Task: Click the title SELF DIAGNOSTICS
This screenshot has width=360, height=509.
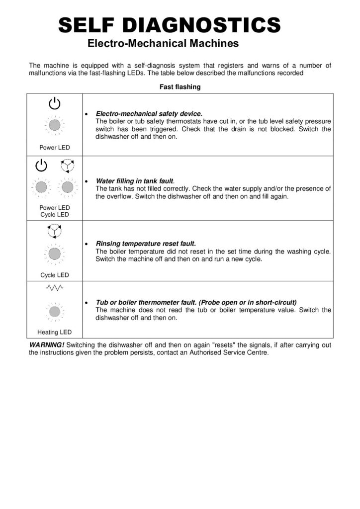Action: click(x=170, y=24)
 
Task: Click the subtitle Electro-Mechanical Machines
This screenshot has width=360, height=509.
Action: click(x=163, y=44)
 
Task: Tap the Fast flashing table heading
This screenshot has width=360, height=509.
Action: click(x=180, y=87)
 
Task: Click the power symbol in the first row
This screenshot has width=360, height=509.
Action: click(x=55, y=103)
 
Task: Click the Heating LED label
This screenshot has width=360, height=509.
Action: click(x=55, y=332)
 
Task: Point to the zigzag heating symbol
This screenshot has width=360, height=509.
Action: click(x=55, y=288)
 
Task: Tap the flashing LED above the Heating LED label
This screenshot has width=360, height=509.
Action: click(x=55, y=311)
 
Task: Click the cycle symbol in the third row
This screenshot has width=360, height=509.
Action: click(x=55, y=231)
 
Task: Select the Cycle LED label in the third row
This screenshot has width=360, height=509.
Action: click(x=55, y=275)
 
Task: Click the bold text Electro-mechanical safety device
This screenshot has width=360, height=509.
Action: click(x=149, y=114)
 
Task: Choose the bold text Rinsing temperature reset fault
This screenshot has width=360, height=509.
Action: click(x=146, y=244)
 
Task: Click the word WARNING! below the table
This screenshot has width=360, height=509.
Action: click(x=47, y=345)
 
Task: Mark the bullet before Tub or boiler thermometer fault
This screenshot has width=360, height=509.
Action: click(x=87, y=302)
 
